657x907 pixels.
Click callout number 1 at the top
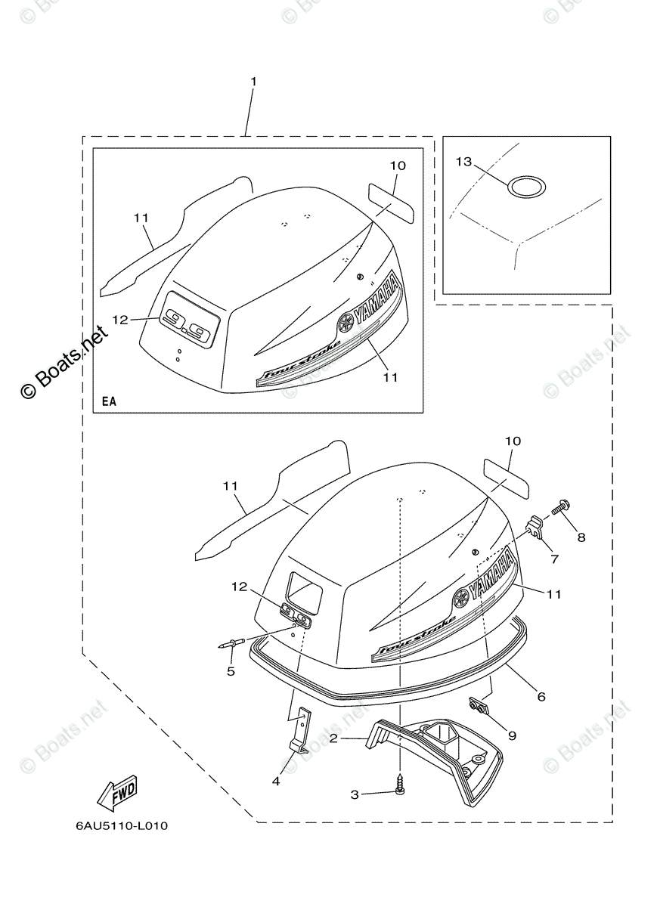pyautogui.click(x=253, y=81)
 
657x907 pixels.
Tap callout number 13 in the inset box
pyautogui.click(x=464, y=162)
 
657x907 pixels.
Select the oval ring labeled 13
pyautogui.click(x=527, y=186)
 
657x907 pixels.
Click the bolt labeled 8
pyautogui.click(x=563, y=508)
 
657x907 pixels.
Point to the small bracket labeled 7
pyautogui.click(x=536, y=526)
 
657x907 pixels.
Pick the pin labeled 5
pyautogui.click(x=231, y=644)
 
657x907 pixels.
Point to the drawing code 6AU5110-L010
pyautogui.click(x=122, y=825)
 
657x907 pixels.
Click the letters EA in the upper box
pyautogui.click(x=110, y=401)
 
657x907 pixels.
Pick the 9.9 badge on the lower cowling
pyautogui.click(x=295, y=616)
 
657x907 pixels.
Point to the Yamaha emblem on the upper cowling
pyautogui.click(x=346, y=323)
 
